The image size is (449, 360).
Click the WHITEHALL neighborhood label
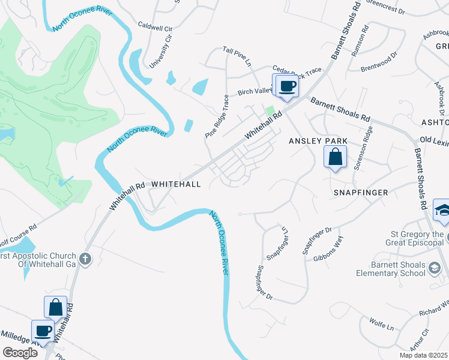175,184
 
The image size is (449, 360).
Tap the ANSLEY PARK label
318,141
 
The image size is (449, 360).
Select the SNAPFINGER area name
361,193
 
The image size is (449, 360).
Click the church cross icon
85,259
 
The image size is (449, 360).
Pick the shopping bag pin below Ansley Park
335,158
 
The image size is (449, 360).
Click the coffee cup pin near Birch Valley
288,86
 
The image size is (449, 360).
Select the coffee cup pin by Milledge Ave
44,331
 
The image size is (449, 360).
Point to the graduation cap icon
443,210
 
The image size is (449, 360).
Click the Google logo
20,352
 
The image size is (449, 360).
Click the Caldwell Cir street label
155,27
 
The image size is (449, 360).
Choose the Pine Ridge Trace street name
217,116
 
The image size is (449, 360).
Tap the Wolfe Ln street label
381,327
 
